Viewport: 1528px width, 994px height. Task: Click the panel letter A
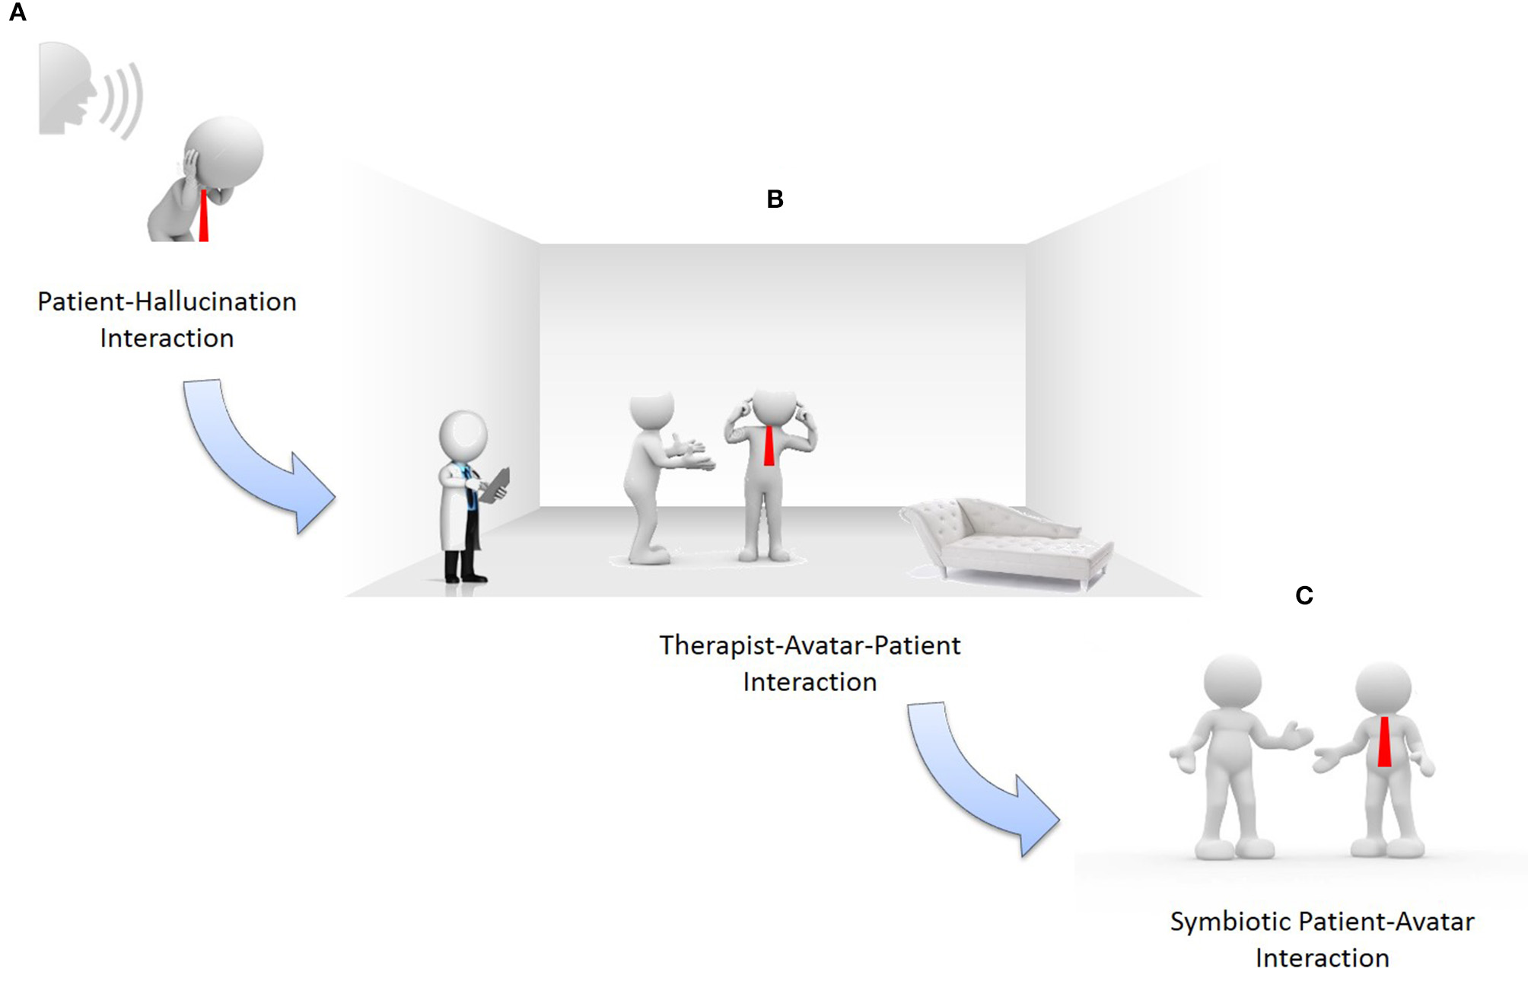(17, 13)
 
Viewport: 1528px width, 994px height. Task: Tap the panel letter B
(775, 199)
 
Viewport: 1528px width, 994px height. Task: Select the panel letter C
(1304, 595)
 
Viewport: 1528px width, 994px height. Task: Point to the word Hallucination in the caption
(215, 302)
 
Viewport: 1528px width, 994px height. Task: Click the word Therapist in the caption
(717, 645)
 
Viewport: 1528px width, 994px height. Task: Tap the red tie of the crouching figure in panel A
(203, 216)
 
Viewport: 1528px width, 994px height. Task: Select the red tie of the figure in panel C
(1384, 741)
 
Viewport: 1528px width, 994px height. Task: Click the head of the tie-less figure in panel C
(1232, 681)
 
